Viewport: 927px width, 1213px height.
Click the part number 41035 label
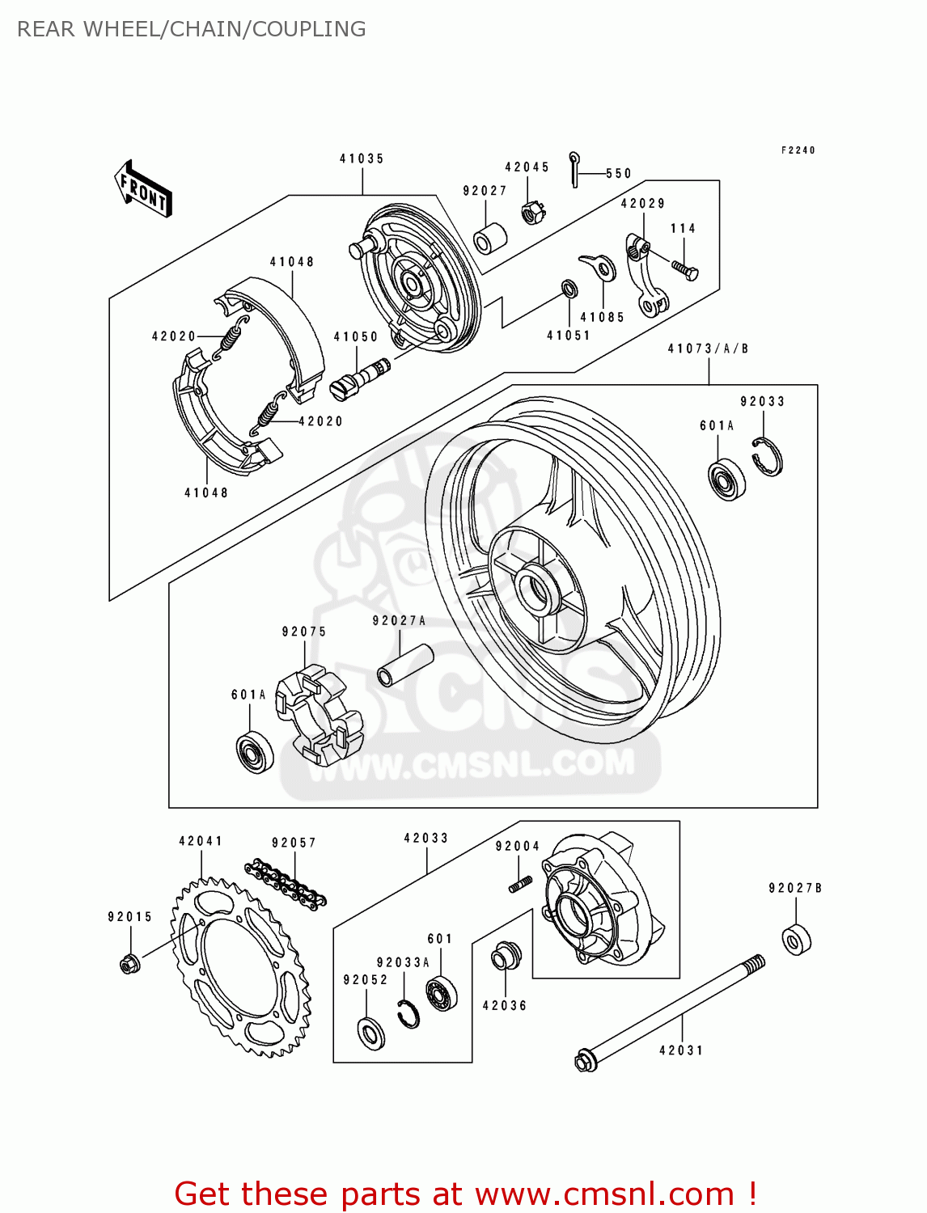[x=362, y=159]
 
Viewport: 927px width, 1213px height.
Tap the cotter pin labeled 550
[x=574, y=169]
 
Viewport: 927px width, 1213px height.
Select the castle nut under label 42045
[x=532, y=213]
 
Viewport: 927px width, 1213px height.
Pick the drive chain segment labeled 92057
[x=286, y=883]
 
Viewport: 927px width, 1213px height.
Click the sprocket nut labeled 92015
[x=129, y=964]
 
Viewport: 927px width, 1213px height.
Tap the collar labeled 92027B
[x=796, y=939]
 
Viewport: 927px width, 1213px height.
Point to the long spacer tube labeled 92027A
[x=405, y=665]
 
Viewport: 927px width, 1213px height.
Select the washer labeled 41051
[x=569, y=289]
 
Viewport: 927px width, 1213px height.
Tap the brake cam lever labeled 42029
[x=646, y=275]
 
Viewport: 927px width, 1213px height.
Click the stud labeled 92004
[x=520, y=884]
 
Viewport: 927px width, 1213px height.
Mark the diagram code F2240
[x=798, y=150]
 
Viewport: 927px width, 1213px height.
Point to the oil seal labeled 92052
[x=370, y=1033]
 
